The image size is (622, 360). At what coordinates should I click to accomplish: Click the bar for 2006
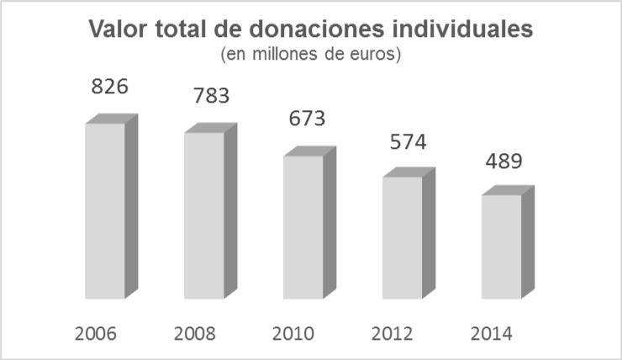105,210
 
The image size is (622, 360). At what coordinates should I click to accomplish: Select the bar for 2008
204,215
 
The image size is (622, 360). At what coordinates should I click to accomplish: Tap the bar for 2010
303,227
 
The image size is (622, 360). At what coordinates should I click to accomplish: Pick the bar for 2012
403,237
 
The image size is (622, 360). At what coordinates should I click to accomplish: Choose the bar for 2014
502,246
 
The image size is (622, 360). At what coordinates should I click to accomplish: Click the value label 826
110,87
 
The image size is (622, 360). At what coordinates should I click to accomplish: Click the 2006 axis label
96,333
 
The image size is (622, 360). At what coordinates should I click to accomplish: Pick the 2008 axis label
195,333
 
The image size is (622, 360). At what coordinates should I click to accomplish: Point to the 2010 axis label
293,333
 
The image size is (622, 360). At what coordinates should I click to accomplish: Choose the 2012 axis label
393,333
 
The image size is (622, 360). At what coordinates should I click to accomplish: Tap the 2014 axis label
492,333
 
